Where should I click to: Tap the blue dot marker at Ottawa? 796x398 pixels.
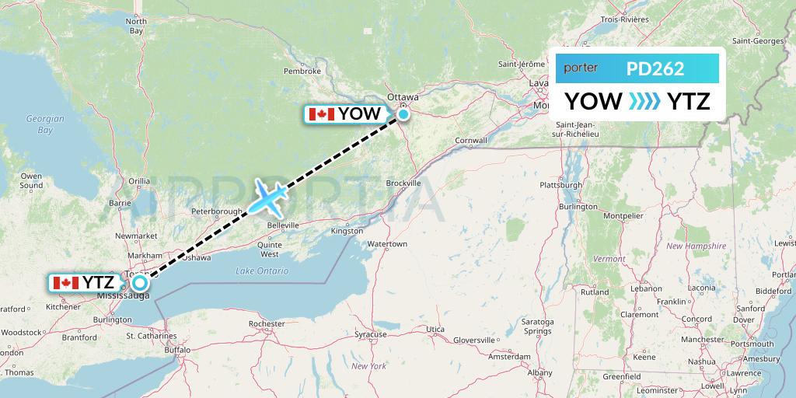point(403,115)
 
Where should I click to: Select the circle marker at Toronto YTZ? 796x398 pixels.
point(140,283)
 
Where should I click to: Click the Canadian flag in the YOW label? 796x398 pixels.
point(321,114)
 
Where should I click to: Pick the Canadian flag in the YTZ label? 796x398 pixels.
point(65,283)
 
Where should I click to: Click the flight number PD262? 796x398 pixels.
point(655,68)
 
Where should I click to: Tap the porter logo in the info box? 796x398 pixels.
point(581,68)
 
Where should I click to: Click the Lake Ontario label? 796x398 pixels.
point(262,271)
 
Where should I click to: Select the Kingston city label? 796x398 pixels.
point(347,231)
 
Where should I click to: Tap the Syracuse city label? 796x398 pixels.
point(371,334)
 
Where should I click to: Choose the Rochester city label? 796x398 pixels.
point(266,323)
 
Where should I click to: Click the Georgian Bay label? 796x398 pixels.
point(45,124)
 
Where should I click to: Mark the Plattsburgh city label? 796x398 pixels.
point(560,186)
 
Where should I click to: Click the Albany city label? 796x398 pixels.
point(539,373)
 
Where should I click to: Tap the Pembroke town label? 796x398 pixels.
point(302,71)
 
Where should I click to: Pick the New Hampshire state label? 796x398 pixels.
point(696,246)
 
